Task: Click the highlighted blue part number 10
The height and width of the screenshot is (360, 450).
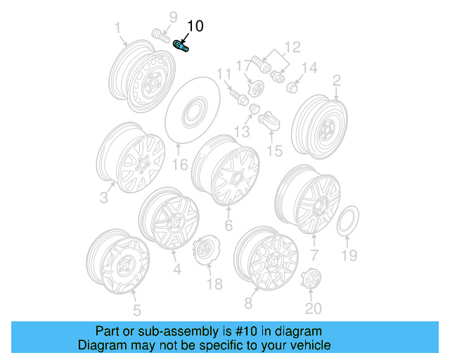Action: click(182, 46)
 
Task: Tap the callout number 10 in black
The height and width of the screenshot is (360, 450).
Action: click(194, 27)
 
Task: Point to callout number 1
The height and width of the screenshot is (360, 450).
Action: click(118, 27)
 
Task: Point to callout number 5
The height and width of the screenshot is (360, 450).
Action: click(136, 309)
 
